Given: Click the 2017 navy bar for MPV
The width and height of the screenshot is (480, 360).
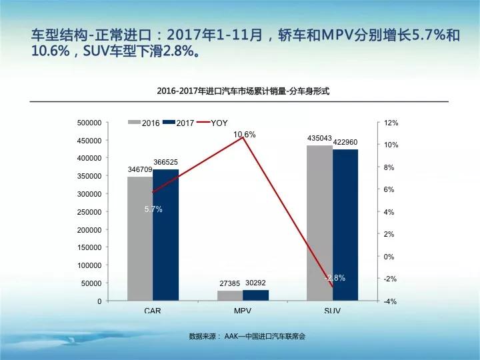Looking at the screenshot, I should coord(255,295).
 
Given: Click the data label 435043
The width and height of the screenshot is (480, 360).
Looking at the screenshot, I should coord(319,138).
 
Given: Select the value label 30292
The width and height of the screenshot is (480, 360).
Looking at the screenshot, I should coord(256,283).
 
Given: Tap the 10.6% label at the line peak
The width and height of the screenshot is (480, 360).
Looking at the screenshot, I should coord(245,135).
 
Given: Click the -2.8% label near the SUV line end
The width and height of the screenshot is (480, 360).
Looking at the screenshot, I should coord(335,278).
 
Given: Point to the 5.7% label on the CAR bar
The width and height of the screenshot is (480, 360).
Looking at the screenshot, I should coord(153,209).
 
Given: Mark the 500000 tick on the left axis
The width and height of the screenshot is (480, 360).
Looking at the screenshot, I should coord(89,123).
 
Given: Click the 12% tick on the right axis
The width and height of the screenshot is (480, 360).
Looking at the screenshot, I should coord(391,123).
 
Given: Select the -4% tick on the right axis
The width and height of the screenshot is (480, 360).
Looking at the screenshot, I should coord(391,301).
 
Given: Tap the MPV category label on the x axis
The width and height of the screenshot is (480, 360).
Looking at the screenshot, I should coord(243,311).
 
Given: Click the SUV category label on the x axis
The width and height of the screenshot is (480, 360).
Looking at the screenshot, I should coord(332,311).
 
